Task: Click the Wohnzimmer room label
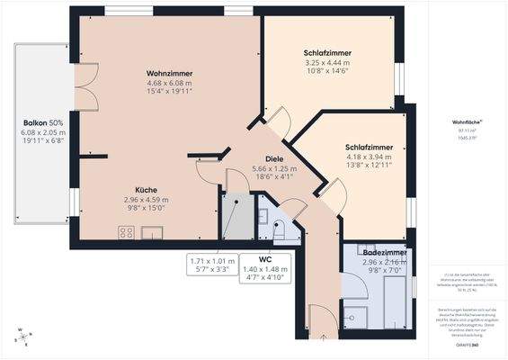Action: [x=170, y=73]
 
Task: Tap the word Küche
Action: [x=147, y=190]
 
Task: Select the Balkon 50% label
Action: [x=42, y=122]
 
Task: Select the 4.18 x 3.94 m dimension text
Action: [x=369, y=157]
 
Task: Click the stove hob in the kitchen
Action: [x=127, y=232]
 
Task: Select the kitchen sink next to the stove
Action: [x=151, y=233]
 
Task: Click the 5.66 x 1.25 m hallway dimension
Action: [x=274, y=168]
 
